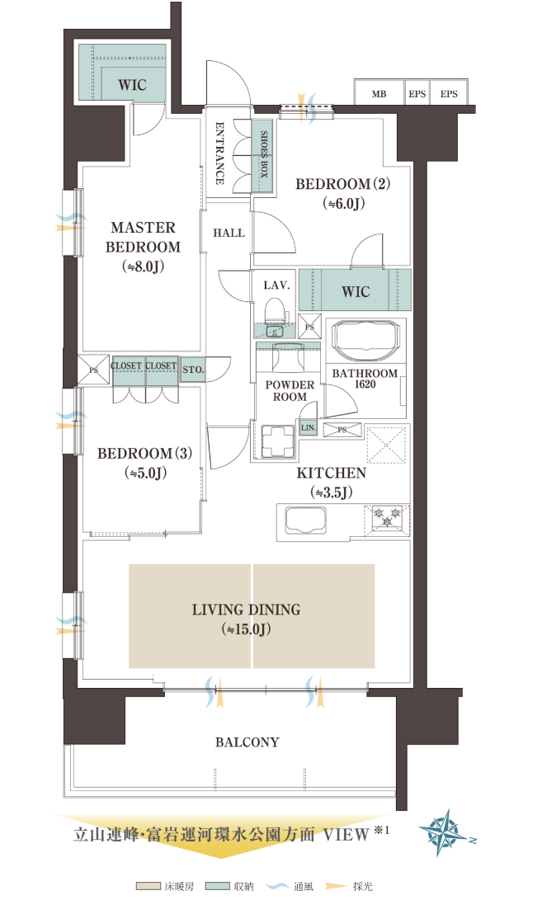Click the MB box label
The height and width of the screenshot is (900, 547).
379,94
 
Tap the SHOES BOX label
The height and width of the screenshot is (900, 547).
264,153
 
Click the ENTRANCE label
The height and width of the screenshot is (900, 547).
219,153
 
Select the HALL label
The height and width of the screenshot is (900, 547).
229,233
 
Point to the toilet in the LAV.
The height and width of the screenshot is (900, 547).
275,311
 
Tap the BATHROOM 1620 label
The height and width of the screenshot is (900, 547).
365,379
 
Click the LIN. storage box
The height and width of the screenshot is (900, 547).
309,427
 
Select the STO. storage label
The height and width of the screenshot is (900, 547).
193,370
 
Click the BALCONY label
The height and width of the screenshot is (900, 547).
248,742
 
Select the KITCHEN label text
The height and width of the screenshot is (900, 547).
331,473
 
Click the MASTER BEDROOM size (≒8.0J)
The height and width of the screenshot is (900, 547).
143,267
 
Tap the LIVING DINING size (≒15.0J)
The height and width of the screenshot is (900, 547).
246,629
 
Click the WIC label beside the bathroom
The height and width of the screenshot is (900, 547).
356,291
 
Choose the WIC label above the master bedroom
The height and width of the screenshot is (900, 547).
132,85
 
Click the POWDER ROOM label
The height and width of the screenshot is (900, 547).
290,390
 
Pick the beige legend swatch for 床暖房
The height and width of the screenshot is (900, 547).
148,886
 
